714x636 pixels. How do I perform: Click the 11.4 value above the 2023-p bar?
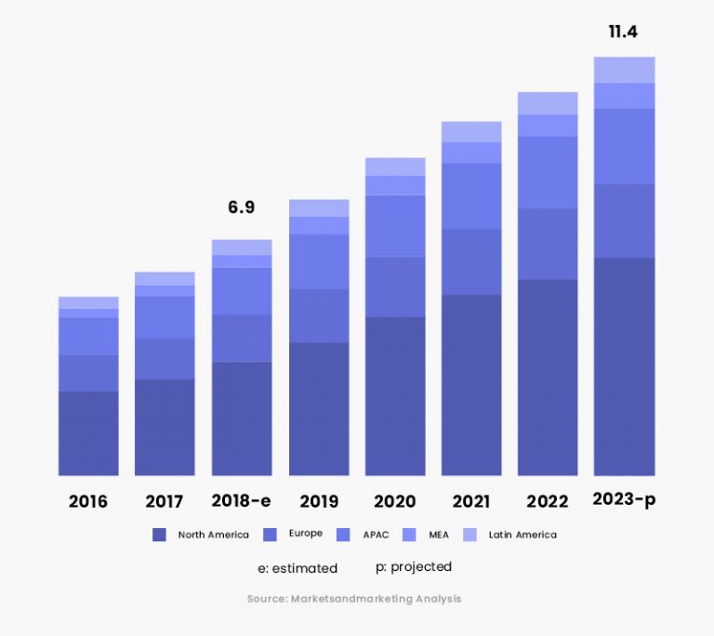(x=623, y=33)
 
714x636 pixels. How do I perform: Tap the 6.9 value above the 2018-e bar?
(x=241, y=207)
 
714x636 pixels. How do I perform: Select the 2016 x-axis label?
(x=88, y=502)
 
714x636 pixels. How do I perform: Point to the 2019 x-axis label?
(x=319, y=502)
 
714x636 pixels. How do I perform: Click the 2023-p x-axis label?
(x=624, y=499)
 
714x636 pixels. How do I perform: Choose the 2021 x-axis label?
(x=471, y=502)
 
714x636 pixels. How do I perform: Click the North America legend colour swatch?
(x=159, y=535)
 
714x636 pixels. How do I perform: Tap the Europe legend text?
(x=305, y=534)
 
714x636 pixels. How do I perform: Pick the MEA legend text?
(x=438, y=535)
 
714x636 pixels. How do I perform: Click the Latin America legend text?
(x=522, y=535)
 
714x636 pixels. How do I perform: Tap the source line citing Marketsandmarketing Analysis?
(x=354, y=599)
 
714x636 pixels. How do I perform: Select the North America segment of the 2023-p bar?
(x=624, y=366)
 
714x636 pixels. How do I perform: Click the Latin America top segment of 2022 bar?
(x=548, y=103)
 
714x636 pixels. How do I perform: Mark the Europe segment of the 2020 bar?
(x=395, y=286)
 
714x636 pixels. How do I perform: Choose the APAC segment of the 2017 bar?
(x=165, y=317)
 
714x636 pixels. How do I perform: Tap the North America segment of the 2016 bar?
(x=88, y=433)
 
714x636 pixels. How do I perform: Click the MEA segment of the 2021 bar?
(x=471, y=152)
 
